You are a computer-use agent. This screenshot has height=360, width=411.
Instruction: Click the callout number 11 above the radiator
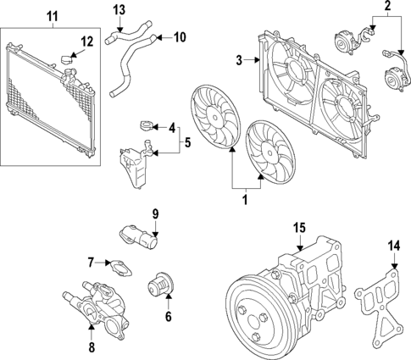(53, 16)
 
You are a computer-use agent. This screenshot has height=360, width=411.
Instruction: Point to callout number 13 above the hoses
(119, 10)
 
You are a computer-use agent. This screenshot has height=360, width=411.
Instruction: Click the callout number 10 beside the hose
(179, 36)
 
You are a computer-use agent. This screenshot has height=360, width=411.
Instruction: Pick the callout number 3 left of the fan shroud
(240, 58)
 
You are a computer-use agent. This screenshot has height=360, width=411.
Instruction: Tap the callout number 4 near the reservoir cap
(173, 129)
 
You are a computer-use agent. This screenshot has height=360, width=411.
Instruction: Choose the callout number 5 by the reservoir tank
(188, 143)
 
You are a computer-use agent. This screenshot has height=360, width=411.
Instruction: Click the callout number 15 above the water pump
(298, 228)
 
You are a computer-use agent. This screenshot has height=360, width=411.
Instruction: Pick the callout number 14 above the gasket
(392, 246)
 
